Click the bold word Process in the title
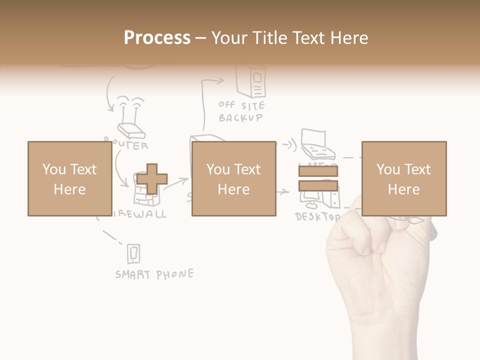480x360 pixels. click(157, 37)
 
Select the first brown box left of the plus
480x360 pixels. click(69, 178)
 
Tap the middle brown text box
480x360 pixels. click(233, 178)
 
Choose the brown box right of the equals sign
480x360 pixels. click(403, 178)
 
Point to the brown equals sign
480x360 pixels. click(318, 178)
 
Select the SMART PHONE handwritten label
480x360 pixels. click(154, 274)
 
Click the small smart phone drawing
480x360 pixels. click(133, 254)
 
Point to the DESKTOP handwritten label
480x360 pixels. click(317, 217)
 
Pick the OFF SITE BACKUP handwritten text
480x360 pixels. click(241, 112)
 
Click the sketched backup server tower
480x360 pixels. click(252, 81)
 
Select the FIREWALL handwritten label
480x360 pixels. click(142, 214)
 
